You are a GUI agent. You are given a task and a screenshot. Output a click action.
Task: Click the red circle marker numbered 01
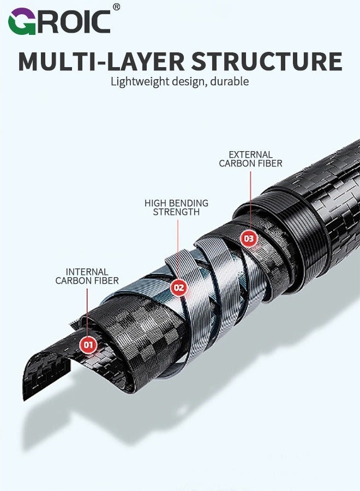(x=88, y=344)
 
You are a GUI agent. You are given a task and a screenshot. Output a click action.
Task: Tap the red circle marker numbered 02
(x=179, y=288)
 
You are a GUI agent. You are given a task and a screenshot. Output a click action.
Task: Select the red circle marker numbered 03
(x=249, y=238)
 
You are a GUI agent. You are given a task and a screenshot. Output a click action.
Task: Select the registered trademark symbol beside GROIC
(x=116, y=7)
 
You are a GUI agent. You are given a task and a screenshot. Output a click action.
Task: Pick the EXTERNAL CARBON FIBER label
(x=250, y=159)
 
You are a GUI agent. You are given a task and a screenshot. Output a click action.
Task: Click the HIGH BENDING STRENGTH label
(x=176, y=207)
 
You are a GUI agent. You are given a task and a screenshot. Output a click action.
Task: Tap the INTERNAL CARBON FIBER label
(x=87, y=276)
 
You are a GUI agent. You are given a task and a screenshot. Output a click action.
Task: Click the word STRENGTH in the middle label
(x=176, y=212)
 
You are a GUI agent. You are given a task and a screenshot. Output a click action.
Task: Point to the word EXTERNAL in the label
(x=250, y=154)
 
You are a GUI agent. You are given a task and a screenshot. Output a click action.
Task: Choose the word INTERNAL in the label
(x=87, y=272)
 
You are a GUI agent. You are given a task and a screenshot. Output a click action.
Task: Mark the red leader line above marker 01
(x=87, y=311)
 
